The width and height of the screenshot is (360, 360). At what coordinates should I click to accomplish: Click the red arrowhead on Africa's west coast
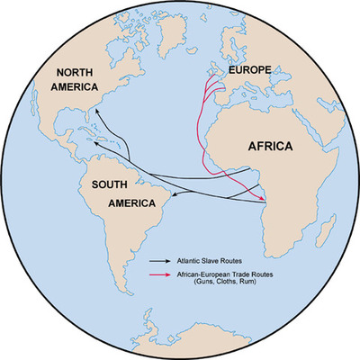point(264,200)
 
